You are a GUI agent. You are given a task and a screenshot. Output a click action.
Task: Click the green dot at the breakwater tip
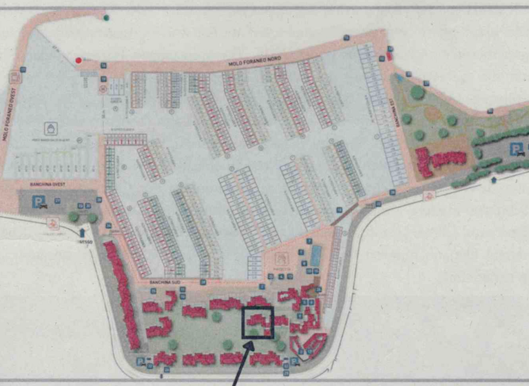tap(106, 17)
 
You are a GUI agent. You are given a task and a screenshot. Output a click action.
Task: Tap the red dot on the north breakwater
tap(79, 61)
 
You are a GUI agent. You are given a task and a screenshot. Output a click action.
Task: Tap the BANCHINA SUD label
tap(163, 283)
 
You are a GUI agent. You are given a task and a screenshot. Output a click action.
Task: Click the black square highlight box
tap(258, 322)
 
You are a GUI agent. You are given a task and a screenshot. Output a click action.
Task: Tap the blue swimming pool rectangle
tap(315, 254)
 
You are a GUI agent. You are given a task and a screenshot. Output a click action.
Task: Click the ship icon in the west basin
tap(51, 128)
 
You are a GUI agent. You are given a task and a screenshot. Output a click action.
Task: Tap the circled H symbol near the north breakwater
tap(103, 88)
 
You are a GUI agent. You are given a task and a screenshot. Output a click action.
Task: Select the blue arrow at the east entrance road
tap(495, 180)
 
